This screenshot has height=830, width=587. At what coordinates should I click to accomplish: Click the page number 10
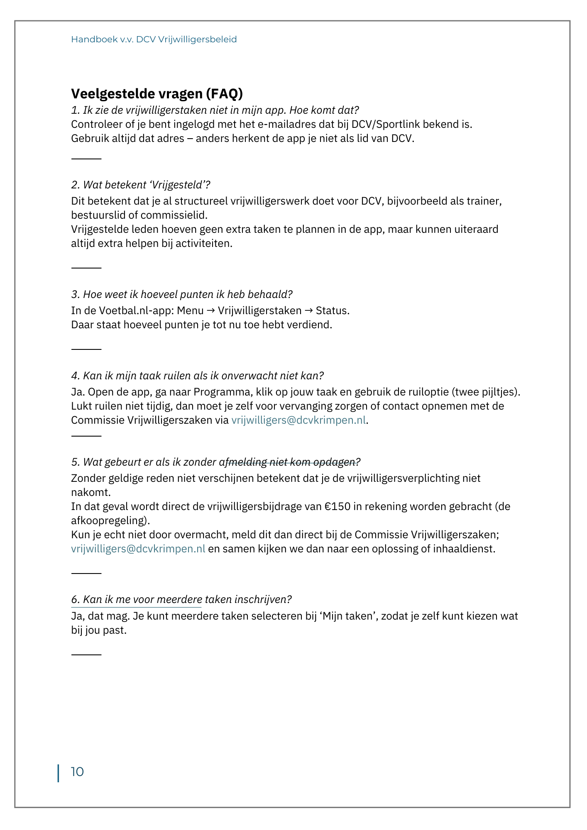(x=77, y=772)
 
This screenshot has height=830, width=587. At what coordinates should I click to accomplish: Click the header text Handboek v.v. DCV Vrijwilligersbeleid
(x=154, y=39)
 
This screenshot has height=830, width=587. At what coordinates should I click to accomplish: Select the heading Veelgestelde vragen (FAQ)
(x=157, y=94)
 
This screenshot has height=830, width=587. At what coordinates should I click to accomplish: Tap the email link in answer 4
(x=298, y=420)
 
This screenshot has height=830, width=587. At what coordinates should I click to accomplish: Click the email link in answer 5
(x=138, y=549)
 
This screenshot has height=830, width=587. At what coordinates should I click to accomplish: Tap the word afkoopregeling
(x=109, y=520)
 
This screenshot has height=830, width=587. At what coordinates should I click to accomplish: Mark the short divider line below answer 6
(x=86, y=654)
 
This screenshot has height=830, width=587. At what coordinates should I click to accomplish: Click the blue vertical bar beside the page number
(x=58, y=773)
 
